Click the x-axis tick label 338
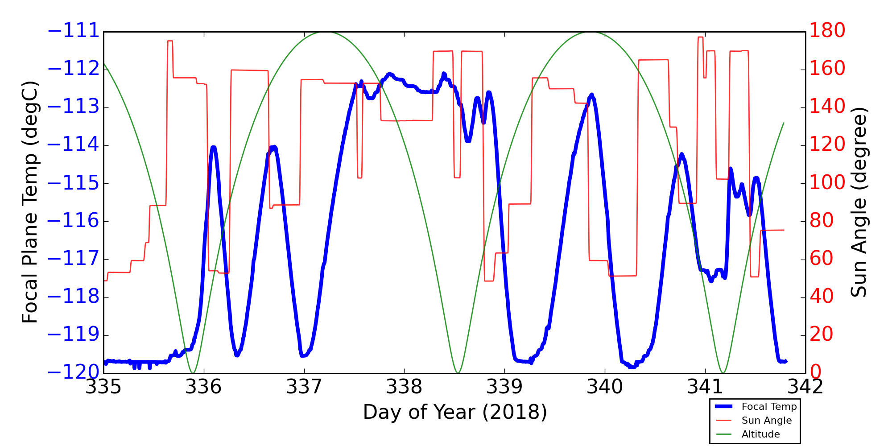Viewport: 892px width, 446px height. click(404, 387)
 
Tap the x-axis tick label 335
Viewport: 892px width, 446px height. click(103, 387)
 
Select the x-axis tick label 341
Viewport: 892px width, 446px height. click(705, 387)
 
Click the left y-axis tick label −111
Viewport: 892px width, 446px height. click(73, 31)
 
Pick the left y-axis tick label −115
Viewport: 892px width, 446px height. click(73, 183)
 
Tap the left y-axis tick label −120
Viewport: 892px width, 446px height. click(73, 373)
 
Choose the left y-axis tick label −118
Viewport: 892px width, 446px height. click(73, 297)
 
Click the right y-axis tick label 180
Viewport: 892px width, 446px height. click(827, 31)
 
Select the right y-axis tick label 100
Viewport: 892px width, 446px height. click(827, 183)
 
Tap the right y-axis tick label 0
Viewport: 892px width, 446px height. click(816, 373)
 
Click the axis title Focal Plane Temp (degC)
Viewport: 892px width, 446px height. click(30, 202)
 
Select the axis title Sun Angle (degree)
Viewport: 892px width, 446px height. click(859, 202)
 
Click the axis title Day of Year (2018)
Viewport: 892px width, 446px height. click(454, 412)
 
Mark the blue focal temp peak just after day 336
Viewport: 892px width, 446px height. click(213, 147)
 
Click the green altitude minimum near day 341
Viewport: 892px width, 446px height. click(723, 373)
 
